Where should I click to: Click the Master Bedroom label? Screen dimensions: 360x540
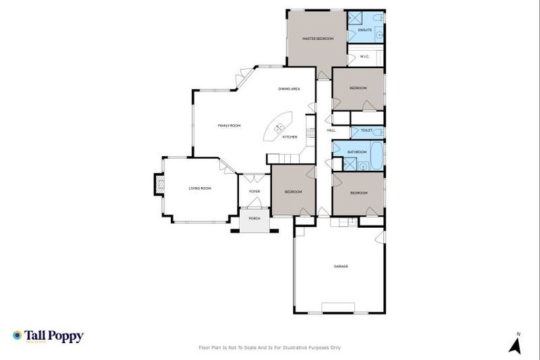(318, 38)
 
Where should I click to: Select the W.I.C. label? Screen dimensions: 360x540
(365, 56)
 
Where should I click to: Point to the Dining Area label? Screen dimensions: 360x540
(290, 89)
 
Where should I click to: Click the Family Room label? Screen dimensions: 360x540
(229, 125)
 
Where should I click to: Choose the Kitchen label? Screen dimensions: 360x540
(290, 137)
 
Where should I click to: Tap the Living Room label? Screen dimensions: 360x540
(200, 188)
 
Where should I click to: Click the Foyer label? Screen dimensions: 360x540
(255, 191)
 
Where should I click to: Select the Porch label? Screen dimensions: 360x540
(255, 219)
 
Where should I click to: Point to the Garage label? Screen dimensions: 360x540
(341, 266)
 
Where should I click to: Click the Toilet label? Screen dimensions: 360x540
(367, 131)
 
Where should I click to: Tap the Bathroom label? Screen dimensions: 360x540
(358, 152)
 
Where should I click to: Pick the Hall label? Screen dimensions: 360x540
(331, 131)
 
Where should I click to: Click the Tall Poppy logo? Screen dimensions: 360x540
(48, 336)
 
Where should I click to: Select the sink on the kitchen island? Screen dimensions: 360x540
(279, 127)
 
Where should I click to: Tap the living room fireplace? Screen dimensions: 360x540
(159, 186)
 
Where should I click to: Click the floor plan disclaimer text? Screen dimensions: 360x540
(270, 347)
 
